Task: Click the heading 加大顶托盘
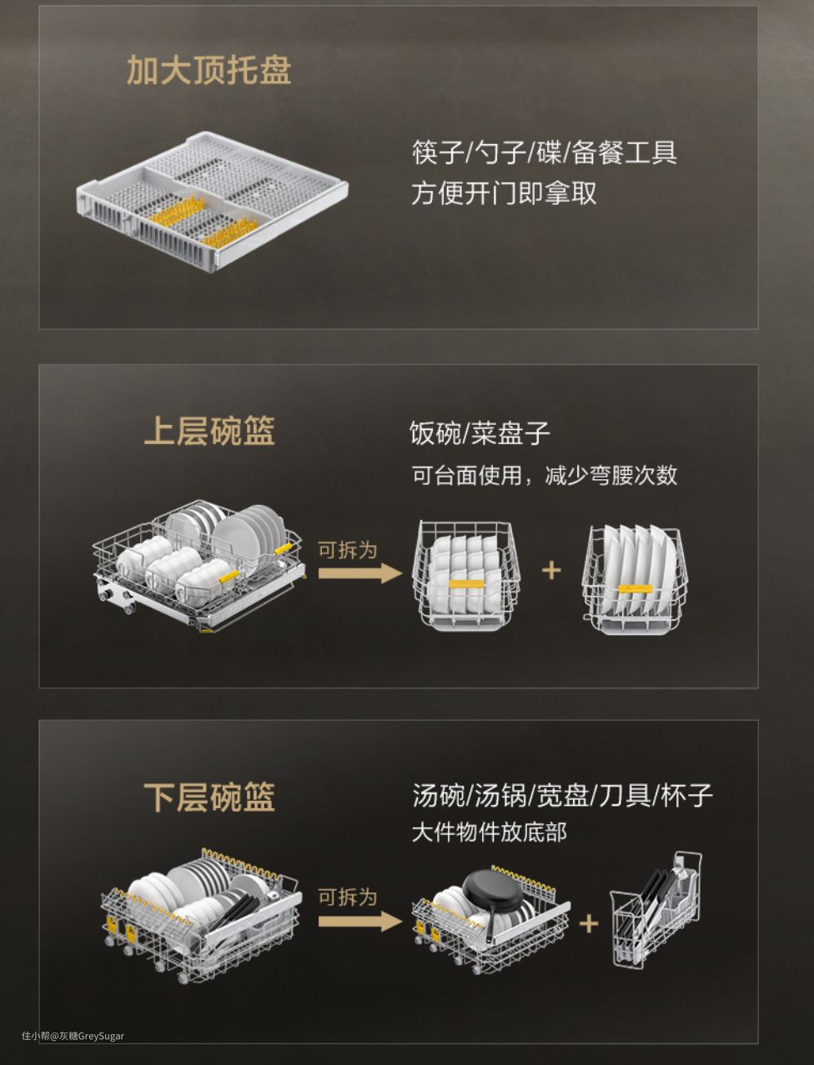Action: [x=209, y=70]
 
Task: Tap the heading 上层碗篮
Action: [x=209, y=431]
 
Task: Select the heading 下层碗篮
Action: [x=209, y=797]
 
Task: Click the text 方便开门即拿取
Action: [x=504, y=193]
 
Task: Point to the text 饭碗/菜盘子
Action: [x=480, y=432]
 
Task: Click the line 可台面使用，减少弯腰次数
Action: [x=544, y=475]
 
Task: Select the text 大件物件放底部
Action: [x=490, y=832]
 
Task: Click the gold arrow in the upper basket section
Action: [x=360, y=573]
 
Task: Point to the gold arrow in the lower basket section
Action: [x=360, y=922]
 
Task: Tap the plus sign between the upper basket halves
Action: [x=551, y=570]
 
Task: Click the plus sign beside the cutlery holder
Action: [x=589, y=924]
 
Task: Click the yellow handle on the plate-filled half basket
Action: [x=635, y=589]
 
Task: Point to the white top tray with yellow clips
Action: [x=212, y=200]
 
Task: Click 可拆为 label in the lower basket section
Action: [x=348, y=897]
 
